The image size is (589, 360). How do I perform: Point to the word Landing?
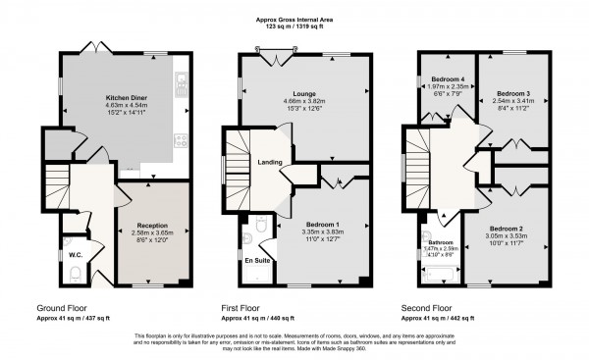[270, 163]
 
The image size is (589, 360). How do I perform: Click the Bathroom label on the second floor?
[439, 241]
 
